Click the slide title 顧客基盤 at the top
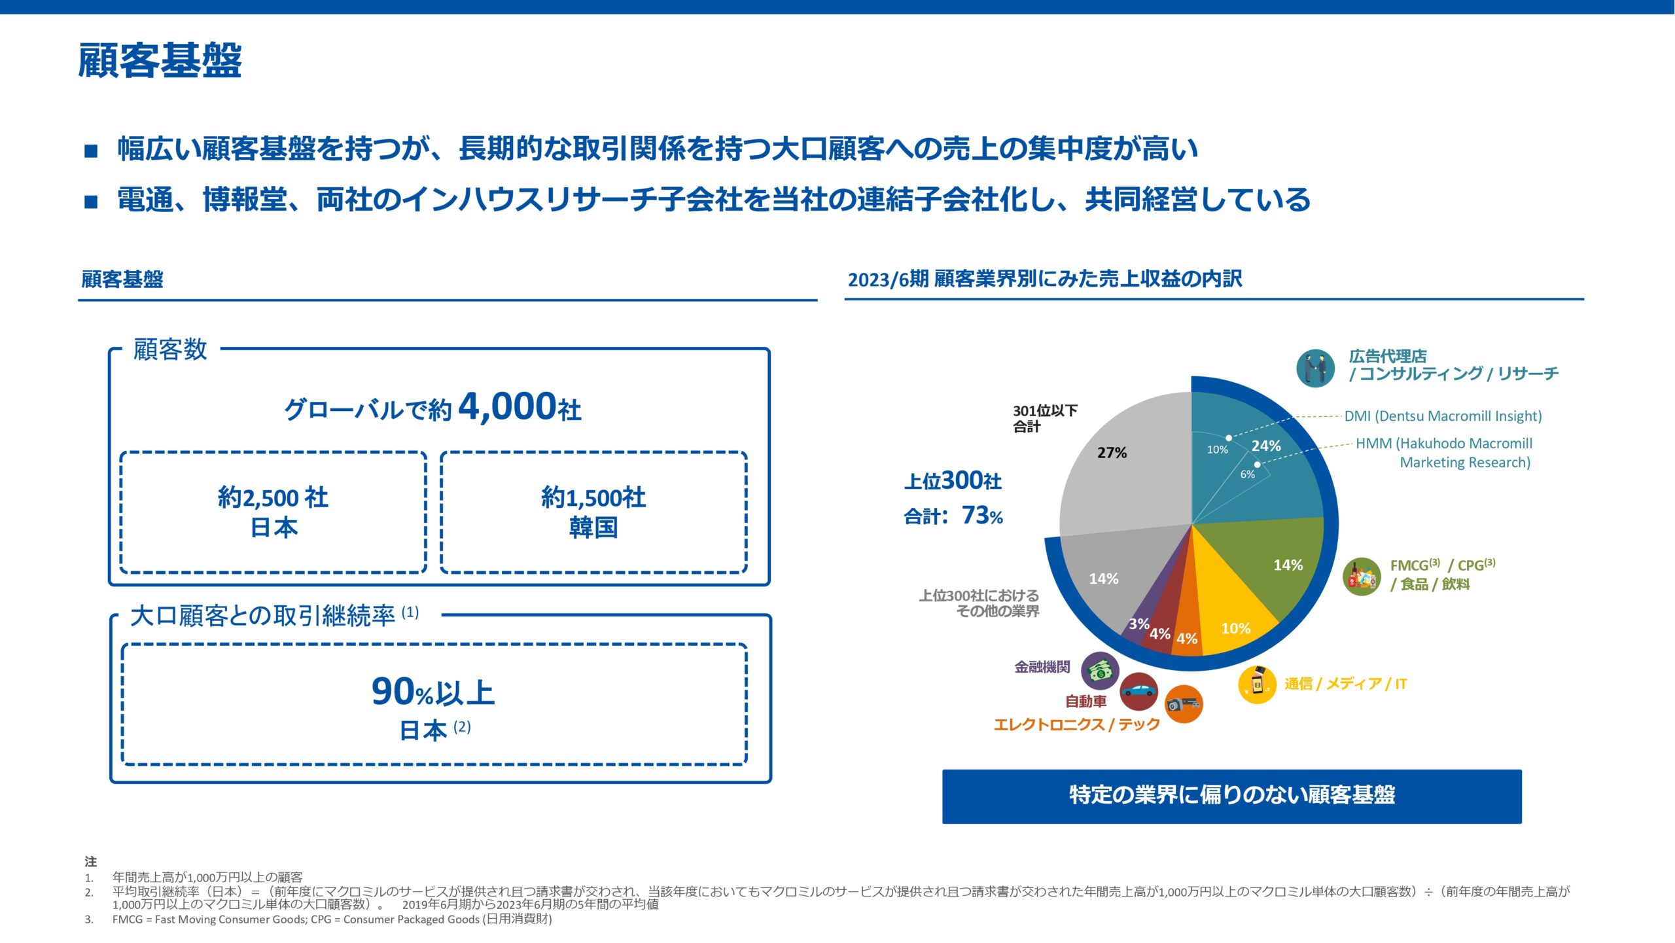(160, 60)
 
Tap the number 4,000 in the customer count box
(507, 407)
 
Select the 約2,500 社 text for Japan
(273, 497)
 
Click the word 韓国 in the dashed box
(593, 527)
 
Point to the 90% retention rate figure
(402, 692)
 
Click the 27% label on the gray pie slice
(1112, 452)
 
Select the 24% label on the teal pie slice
(1266, 446)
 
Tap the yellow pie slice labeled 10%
(1235, 628)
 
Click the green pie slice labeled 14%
(1288, 565)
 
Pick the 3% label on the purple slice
(1138, 624)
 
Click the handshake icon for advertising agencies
(1315, 368)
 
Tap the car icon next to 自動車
(1138, 691)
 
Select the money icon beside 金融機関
(1100, 670)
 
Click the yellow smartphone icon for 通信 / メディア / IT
(1257, 684)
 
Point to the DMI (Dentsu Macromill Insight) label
(1443, 416)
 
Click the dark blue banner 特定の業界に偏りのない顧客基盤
(1231, 796)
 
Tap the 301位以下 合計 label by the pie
(1045, 418)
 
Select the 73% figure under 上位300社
(982, 516)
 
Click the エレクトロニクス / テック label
(1076, 724)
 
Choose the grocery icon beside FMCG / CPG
(1362, 577)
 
